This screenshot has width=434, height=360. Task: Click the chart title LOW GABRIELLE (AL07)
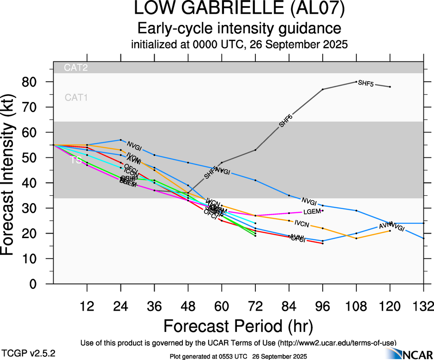click(x=240, y=9)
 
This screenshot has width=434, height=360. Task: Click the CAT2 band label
click(x=76, y=67)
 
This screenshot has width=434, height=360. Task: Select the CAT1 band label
click(x=76, y=97)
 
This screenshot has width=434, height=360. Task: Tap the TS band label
click(x=76, y=161)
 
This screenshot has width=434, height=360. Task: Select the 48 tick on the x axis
click(x=188, y=306)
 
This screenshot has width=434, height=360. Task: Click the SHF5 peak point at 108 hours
click(x=356, y=82)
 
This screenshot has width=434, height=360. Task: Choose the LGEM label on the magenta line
click(x=311, y=212)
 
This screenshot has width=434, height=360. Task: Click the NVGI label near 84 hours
click(x=309, y=202)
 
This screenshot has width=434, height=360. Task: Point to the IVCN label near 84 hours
click(x=301, y=224)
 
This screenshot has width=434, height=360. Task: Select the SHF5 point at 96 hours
click(x=323, y=89)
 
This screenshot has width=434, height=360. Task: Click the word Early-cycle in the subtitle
click(x=171, y=29)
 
